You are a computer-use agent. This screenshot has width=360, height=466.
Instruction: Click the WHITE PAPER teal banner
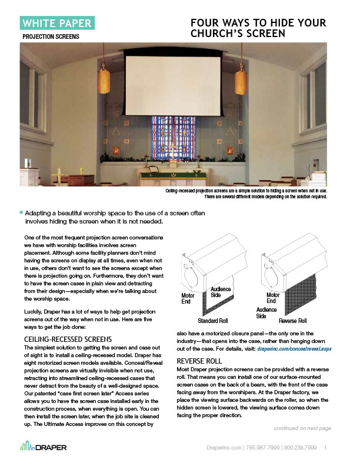tap(56, 24)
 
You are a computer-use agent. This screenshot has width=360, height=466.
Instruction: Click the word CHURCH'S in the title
tap(226, 34)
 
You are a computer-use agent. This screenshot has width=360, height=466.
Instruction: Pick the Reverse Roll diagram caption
tap(294, 322)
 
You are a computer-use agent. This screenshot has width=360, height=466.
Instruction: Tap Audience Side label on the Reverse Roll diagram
tap(267, 312)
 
